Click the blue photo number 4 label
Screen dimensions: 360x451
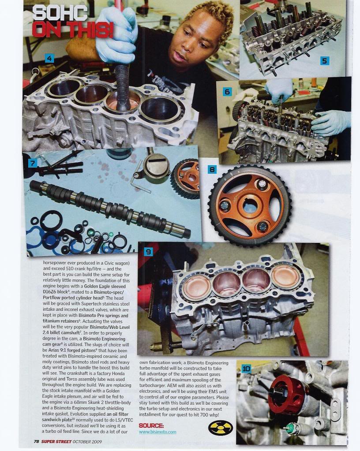[x=49, y=58]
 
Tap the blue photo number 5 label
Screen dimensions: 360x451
[x=324, y=61]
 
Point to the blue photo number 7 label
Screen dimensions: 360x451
[x=33, y=164]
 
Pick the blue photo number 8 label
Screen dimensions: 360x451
[x=212, y=170]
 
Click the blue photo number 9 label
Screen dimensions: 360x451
[x=148, y=252]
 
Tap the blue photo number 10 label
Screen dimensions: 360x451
[x=246, y=369]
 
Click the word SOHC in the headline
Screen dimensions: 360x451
[x=60, y=14]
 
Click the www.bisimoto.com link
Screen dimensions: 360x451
[x=157, y=432]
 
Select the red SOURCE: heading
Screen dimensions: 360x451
[x=151, y=425]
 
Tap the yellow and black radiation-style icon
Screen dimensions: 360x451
[x=220, y=428]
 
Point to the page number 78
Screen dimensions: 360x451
[x=37, y=441]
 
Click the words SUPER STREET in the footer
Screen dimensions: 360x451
[x=56, y=441]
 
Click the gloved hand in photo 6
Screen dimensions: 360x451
[x=330, y=123]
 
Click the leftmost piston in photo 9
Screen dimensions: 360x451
[x=197, y=287]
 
